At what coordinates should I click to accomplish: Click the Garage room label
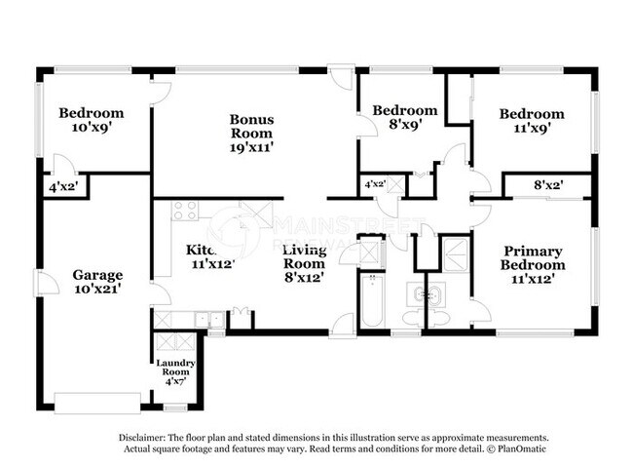tap(97, 275)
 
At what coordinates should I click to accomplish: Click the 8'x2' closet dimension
tap(547, 183)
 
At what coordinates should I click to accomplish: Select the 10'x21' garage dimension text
tap(97, 290)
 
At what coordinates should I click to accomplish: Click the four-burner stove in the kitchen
tap(185, 211)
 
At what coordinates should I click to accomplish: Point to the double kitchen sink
tap(205, 318)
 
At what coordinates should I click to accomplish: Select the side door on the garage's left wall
tap(40, 282)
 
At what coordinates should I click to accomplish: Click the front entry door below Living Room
tap(341, 328)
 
